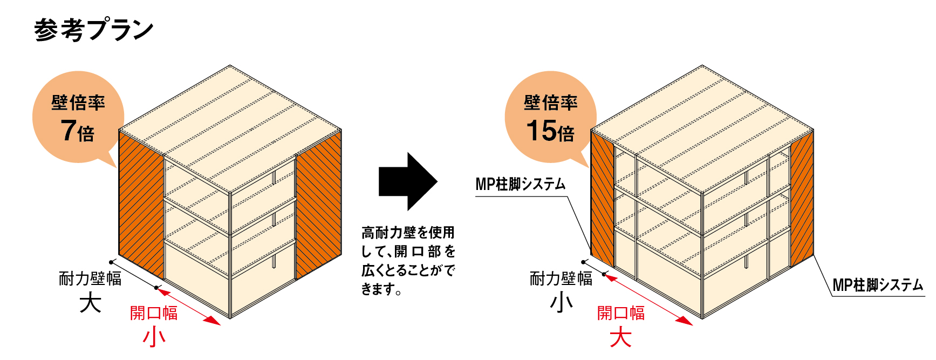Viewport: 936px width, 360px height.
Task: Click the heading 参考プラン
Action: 94,30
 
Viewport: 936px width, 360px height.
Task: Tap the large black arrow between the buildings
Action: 408,181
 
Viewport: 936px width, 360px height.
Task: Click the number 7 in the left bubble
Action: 68,131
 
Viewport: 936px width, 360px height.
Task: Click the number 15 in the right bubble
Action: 541,131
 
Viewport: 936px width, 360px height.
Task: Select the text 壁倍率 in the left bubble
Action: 78,103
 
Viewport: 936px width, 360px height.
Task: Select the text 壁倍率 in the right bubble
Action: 551,103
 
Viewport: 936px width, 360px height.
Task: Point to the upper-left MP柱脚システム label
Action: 521,184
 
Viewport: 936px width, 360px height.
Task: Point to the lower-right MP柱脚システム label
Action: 878,285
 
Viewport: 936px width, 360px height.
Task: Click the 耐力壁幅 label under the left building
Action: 90,279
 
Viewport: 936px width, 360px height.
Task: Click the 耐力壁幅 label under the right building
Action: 561,279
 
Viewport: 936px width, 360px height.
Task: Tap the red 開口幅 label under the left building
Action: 154,313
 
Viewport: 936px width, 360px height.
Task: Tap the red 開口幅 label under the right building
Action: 621,313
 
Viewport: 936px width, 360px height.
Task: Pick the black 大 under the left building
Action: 90,303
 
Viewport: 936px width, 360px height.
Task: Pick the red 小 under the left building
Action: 154,337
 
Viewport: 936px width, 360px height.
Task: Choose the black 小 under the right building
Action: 561,303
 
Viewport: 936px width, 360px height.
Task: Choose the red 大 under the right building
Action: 621,338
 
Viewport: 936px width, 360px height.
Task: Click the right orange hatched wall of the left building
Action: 319,205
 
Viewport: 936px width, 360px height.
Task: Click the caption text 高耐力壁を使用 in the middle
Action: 408,233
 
